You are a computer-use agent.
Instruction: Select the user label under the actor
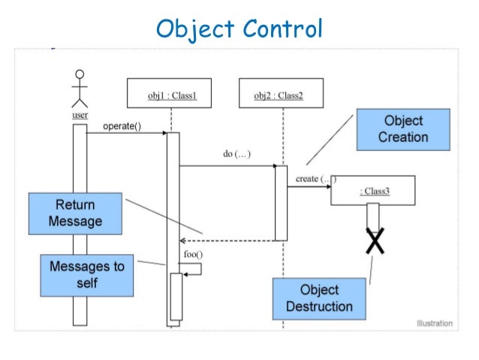(x=80, y=116)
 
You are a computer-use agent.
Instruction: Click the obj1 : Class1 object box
(x=172, y=95)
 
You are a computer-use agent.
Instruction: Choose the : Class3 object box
(x=372, y=192)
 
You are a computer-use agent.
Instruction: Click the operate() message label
(x=122, y=126)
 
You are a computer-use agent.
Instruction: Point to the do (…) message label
(x=236, y=154)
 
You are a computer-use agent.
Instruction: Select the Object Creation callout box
(x=403, y=129)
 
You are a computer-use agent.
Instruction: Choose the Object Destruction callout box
(x=320, y=298)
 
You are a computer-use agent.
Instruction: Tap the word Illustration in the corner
(x=434, y=324)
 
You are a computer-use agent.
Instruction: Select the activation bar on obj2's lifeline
(x=281, y=202)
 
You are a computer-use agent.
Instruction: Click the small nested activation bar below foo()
(x=176, y=296)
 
